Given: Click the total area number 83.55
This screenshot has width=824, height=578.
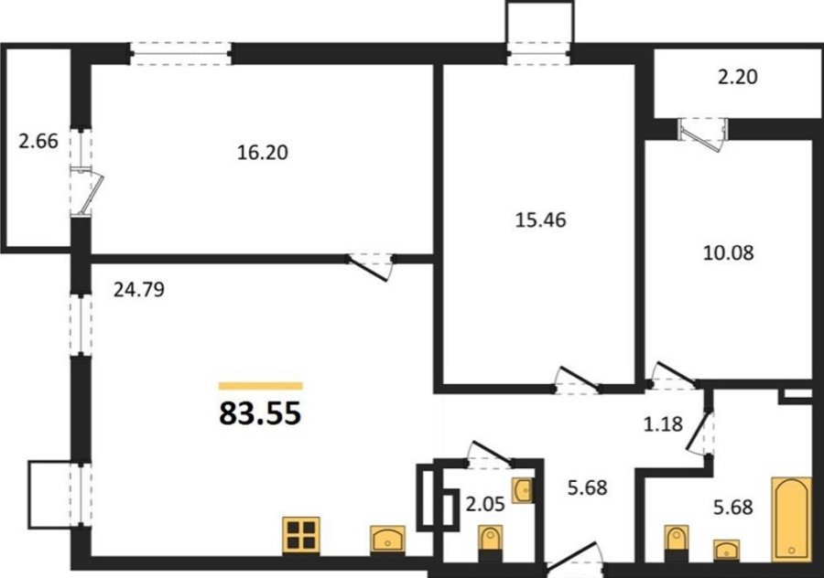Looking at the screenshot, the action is click(x=260, y=412).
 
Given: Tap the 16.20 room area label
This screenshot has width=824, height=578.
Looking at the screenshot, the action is click(x=262, y=153).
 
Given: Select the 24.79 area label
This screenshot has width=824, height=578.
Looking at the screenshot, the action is click(x=139, y=289).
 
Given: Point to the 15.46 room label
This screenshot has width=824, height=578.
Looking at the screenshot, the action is click(x=541, y=220).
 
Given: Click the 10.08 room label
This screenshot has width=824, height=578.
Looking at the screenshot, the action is click(x=729, y=253).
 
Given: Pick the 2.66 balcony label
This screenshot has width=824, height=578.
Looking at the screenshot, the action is click(x=38, y=141).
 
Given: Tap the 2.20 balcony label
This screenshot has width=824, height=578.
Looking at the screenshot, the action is click(x=738, y=77).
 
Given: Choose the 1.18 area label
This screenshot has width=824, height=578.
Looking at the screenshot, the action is click(x=663, y=423).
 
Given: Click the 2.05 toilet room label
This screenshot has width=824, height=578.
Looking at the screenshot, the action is click(x=485, y=505).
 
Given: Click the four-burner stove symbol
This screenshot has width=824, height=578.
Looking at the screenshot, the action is click(x=301, y=536).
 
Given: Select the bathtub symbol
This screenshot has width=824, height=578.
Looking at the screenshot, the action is click(x=791, y=519).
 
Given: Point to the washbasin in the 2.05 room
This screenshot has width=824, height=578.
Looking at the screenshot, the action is click(x=523, y=490).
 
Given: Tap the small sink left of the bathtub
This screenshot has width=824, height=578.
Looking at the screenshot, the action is click(x=726, y=550).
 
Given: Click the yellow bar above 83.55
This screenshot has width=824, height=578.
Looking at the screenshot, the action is click(x=261, y=386).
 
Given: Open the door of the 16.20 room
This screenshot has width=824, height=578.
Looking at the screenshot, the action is click(x=370, y=268).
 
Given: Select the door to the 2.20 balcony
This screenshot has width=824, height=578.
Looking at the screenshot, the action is click(x=702, y=134).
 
